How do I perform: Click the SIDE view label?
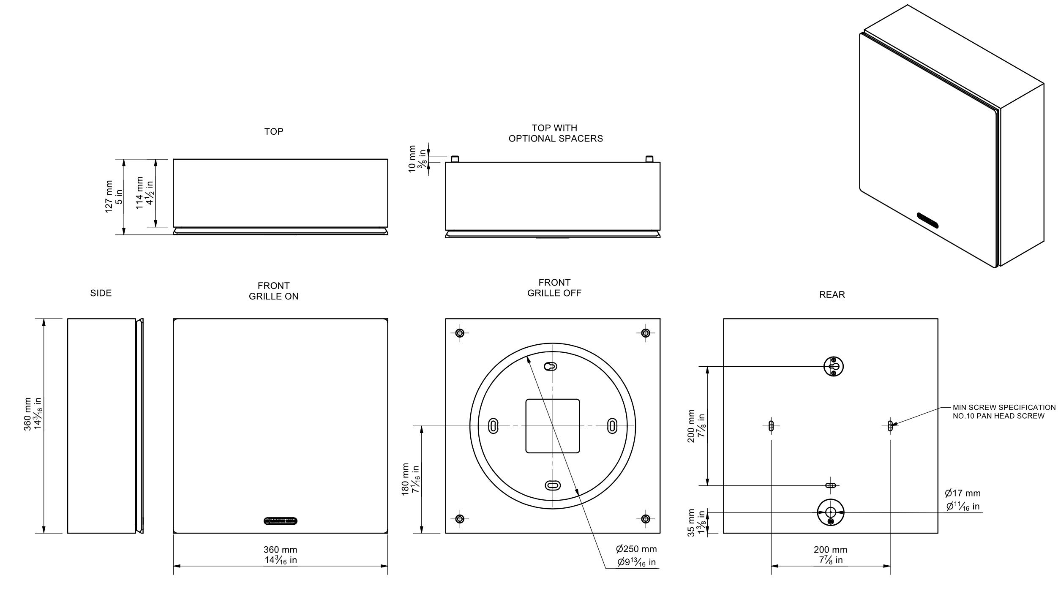click(101, 293)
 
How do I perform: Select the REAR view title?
click(832, 295)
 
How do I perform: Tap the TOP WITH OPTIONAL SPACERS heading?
click(556, 133)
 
